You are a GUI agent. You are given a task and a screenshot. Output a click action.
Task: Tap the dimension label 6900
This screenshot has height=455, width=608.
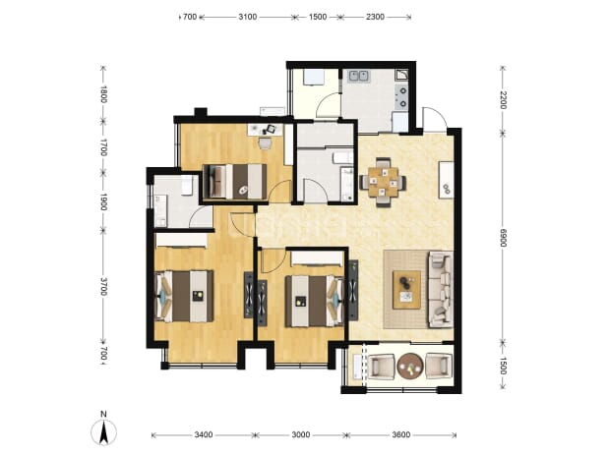pyautogui.click(x=503, y=238)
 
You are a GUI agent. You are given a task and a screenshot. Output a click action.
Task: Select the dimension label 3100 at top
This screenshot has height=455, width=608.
pyautogui.click(x=247, y=17)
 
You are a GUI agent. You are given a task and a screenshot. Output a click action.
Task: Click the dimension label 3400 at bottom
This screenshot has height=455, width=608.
pyautogui.click(x=204, y=435)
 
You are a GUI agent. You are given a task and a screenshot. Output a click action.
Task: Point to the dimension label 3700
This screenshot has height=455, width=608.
pyautogui.click(x=103, y=286)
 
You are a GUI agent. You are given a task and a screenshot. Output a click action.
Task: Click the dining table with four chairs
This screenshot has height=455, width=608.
pyautogui.click(x=383, y=182)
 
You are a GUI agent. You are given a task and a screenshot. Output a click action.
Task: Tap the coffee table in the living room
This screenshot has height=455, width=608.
pyautogui.click(x=406, y=290)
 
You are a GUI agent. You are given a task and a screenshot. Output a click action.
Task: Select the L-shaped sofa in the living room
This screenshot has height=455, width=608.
pyautogui.click(x=441, y=289)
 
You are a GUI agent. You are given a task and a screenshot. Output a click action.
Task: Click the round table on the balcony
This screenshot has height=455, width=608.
pyautogui.click(x=410, y=366)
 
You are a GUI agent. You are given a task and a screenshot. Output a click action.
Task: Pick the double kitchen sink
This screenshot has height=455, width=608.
pyautogui.click(x=358, y=76)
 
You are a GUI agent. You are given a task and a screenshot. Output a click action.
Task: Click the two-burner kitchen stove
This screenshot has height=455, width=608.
pyautogui.click(x=402, y=97)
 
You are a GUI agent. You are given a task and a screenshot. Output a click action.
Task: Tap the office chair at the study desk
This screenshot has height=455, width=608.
pyautogui.click(x=266, y=143)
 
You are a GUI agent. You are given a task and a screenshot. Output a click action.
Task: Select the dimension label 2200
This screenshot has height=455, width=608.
pyautogui.click(x=503, y=100)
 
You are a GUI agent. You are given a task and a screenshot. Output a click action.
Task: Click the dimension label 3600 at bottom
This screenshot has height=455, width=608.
pyautogui.click(x=401, y=435)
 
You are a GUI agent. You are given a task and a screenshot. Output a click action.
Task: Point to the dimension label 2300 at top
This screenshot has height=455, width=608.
pyautogui.click(x=375, y=17)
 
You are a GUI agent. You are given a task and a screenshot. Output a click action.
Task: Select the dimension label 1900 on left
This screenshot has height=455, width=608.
pyautogui.click(x=103, y=202)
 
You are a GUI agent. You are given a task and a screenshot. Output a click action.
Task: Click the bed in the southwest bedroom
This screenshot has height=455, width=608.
pyautogui.click(x=184, y=296)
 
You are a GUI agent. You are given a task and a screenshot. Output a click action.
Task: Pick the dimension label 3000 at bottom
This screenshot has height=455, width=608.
pyautogui.click(x=300, y=435)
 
